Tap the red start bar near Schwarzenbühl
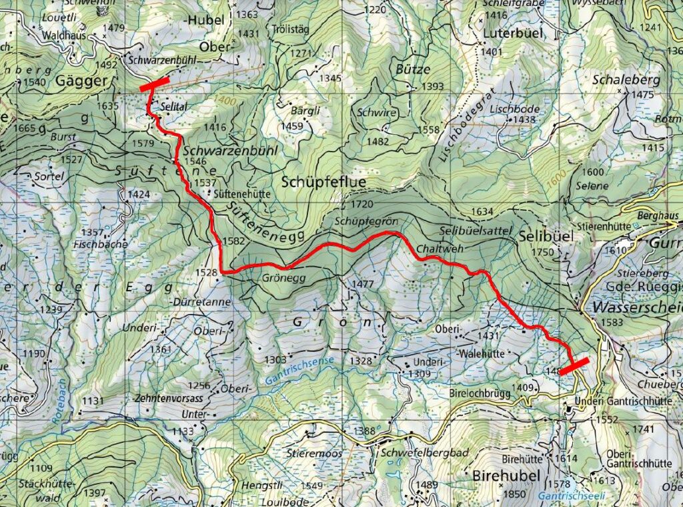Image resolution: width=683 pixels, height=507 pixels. [x=154, y=83]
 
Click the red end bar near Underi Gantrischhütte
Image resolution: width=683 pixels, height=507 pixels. [x=574, y=365]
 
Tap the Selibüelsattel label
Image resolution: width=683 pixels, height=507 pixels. [x=474, y=230]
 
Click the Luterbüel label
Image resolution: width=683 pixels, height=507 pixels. [x=512, y=33]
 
